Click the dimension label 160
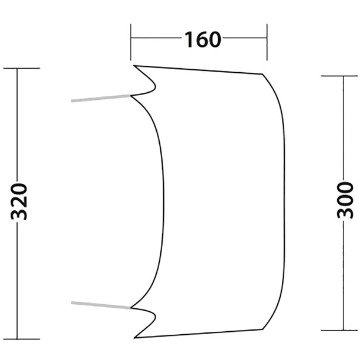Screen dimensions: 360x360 [x=203, y=39]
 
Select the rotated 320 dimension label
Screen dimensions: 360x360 [x=20, y=202]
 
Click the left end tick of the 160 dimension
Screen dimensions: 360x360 [x=131, y=41]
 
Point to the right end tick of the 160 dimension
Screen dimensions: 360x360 [x=267, y=41]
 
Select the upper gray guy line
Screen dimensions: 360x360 [x=100, y=98]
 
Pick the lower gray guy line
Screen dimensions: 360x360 [x=100, y=304]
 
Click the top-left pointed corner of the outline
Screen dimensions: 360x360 [x=134, y=66]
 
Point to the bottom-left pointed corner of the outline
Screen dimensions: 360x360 [x=135, y=337]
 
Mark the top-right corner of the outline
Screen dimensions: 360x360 [x=262, y=74]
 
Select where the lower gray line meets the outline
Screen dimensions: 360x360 [x=130, y=307]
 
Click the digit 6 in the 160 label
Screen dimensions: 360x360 [x=203, y=39]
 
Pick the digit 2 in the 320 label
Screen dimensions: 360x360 [x=20, y=201]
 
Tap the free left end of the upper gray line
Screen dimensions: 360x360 [x=72, y=101]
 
